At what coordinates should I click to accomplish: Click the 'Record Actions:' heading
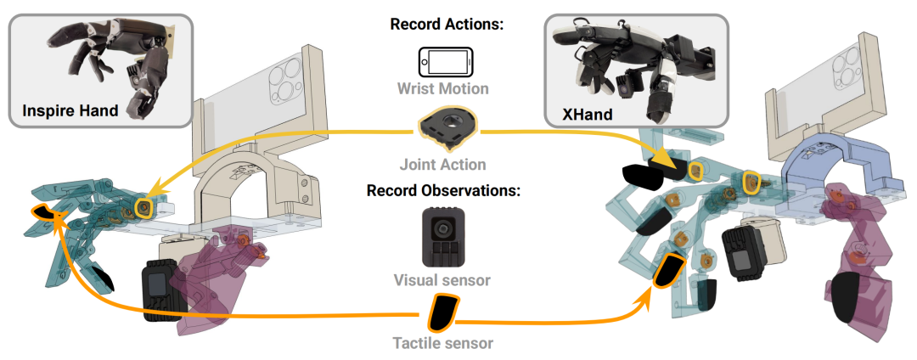tap(447, 24)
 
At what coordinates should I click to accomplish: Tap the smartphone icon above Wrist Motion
tap(446, 62)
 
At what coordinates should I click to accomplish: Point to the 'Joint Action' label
tap(442, 164)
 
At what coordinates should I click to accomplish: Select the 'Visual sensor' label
tap(442, 278)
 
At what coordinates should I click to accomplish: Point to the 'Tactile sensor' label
tap(442, 344)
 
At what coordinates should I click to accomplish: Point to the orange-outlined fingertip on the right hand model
tap(669, 270)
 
